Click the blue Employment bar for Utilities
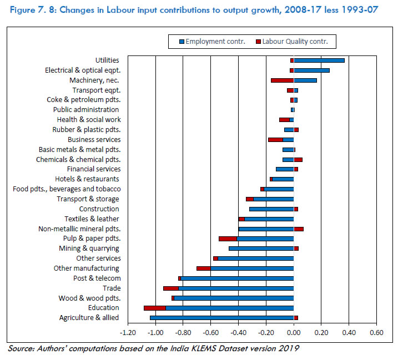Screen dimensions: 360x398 [319, 60]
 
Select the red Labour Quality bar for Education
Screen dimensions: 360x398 [154, 308]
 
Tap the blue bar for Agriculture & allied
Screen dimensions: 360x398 [221, 318]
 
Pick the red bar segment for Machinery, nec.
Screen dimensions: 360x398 [282, 80]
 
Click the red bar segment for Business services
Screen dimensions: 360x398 [275, 140]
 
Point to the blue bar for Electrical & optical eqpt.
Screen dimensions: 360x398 [311, 70]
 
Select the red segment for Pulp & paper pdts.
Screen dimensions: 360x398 [228, 239]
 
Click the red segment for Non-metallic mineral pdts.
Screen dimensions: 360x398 [299, 229]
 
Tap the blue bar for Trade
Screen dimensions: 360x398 [236, 288]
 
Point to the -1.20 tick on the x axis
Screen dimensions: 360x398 [128, 333]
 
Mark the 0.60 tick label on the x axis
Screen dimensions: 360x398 [376, 333]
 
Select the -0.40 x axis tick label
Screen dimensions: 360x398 [238, 333]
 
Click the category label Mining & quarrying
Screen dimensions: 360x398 [89, 249]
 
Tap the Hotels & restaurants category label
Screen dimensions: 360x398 [87, 179]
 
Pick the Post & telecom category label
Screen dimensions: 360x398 [97, 278]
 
